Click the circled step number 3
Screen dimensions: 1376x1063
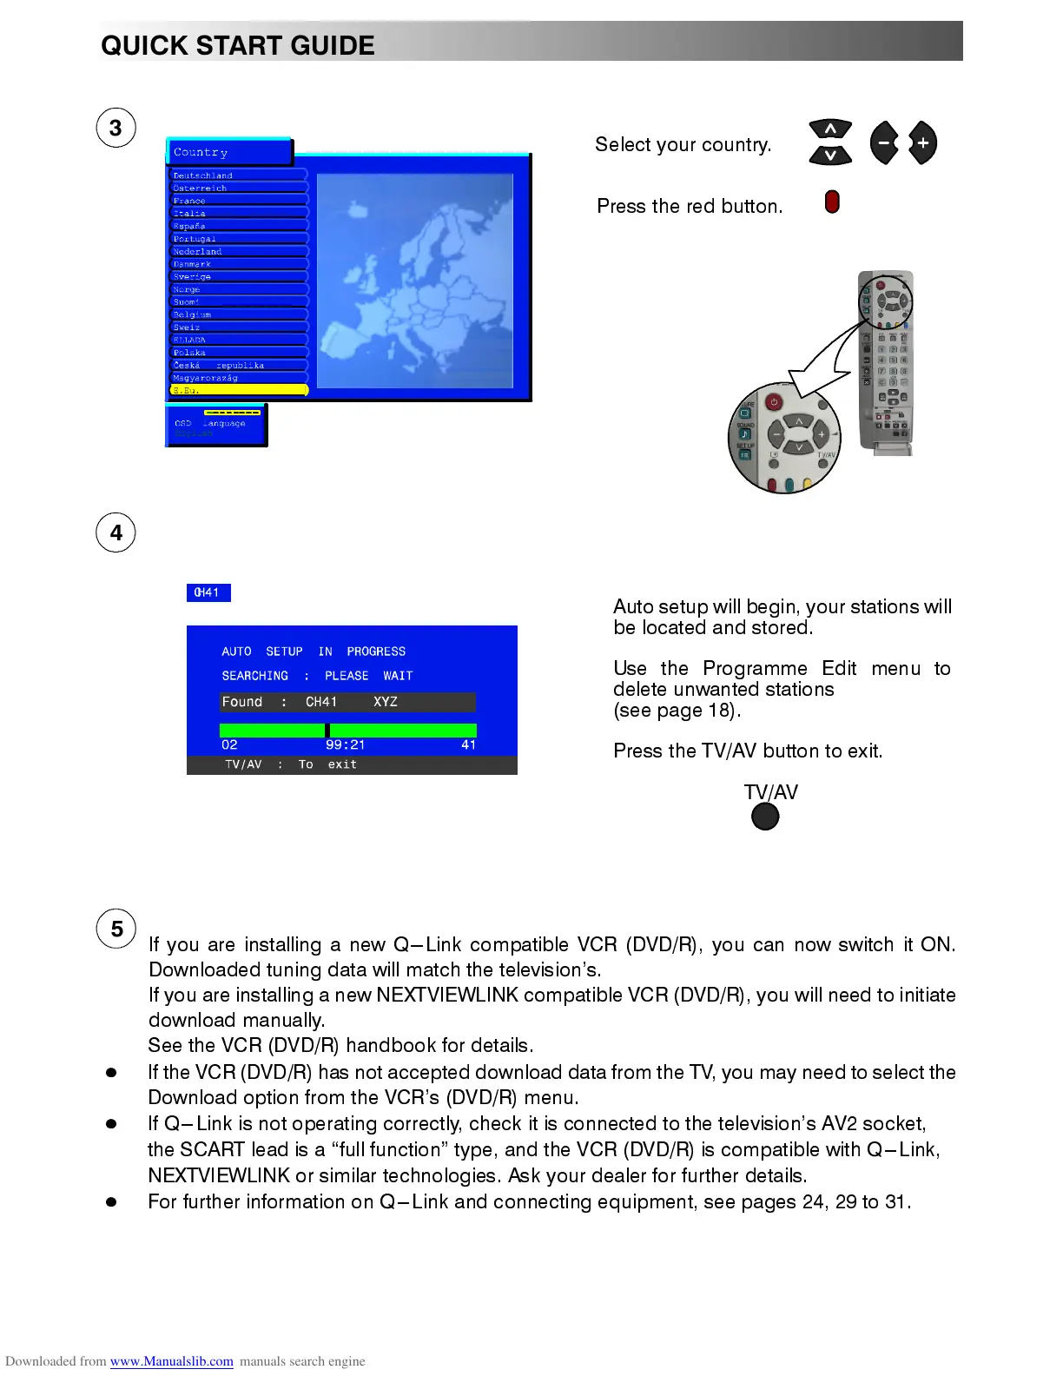tap(116, 129)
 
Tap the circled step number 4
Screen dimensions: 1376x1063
tap(116, 533)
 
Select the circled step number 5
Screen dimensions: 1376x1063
tap(116, 929)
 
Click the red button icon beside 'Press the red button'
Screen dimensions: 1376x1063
tap(832, 202)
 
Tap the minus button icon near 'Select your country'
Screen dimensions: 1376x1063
tap(884, 143)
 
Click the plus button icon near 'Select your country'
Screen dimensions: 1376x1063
tap(922, 143)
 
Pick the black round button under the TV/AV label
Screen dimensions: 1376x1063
tap(765, 817)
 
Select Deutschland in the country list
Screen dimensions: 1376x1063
tap(203, 175)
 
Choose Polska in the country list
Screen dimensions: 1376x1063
tap(189, 353)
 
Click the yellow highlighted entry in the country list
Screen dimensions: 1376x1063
tap(239, 391)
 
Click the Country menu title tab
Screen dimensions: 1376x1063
tap(229, 152)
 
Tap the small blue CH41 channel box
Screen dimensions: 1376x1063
tap(208, 592)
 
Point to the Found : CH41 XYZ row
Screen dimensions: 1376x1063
tap(347, 702)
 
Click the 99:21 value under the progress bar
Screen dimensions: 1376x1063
tap(345, 744)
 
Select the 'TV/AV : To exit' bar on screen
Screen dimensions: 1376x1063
tap(352, 764)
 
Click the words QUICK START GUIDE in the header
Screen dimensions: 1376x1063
tap(238, 45)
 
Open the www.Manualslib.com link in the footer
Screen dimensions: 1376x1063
tap(171, 1361)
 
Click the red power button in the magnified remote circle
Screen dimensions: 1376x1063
tap(773, 402)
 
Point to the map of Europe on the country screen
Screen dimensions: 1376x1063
tap(415, 281)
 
